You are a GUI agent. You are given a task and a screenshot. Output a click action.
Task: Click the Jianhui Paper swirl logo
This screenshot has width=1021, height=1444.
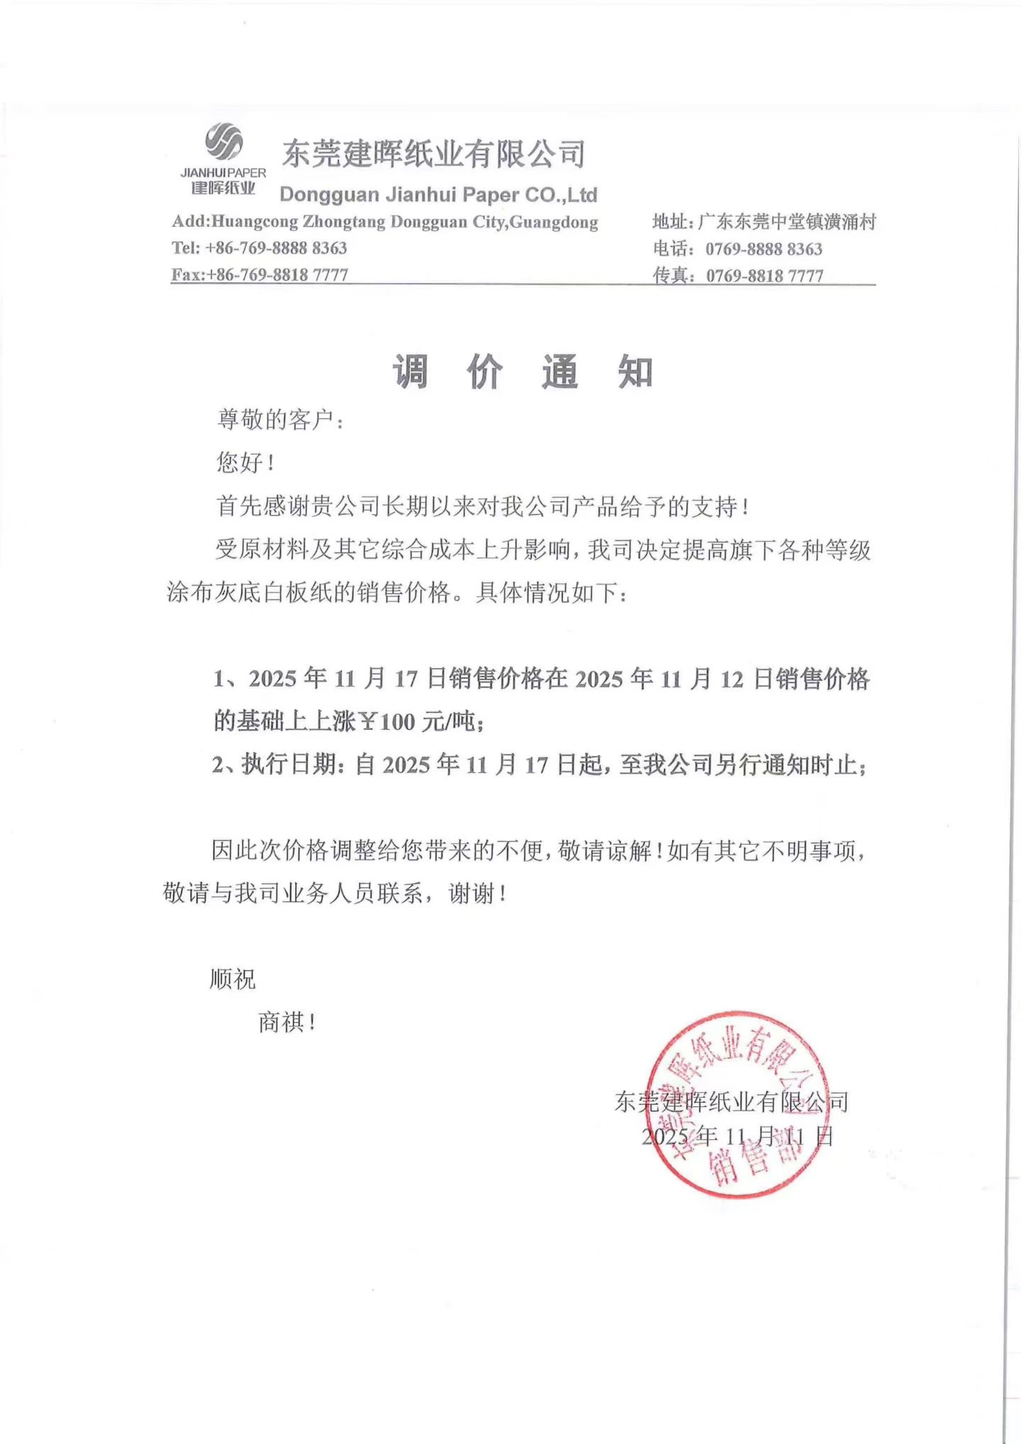[x=224, y=141]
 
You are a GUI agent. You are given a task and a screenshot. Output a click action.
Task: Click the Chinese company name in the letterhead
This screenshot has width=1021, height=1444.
[x=434, y=153]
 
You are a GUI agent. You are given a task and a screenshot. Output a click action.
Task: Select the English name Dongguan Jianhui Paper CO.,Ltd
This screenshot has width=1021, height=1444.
[x=438, y=195]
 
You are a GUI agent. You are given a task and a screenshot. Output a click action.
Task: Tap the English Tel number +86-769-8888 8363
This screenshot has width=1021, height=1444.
[x=275, y=248]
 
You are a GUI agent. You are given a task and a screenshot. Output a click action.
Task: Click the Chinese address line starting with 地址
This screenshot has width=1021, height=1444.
[x=764, y=222]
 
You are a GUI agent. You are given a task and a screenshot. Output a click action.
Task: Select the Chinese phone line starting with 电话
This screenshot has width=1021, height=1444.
[x=737, y=249]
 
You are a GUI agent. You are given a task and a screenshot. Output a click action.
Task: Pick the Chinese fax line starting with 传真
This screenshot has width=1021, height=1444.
[x=737, y=276]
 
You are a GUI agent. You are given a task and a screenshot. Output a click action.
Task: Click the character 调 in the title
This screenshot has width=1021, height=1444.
[x=411, y=372]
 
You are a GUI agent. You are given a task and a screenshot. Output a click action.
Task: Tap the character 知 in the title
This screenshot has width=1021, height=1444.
[x=635, y=372]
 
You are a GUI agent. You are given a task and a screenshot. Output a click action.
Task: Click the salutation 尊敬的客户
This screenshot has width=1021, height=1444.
[x=279, y=420]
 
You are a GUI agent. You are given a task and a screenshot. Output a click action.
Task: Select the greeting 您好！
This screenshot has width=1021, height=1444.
[x=245, y=463]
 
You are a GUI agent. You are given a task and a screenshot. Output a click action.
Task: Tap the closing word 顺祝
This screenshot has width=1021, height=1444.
[x=233, y=979]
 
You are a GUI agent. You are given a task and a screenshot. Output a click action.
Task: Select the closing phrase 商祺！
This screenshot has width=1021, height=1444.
[x=286, y=1023]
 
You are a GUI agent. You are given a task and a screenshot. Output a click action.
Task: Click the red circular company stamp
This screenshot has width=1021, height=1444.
[x=737, y=1105]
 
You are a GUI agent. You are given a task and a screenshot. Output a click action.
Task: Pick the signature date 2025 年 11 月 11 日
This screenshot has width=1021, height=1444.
[x=737, y=1136]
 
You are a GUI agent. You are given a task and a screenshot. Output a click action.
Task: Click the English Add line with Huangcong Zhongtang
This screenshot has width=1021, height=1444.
[x=385, y=222]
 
